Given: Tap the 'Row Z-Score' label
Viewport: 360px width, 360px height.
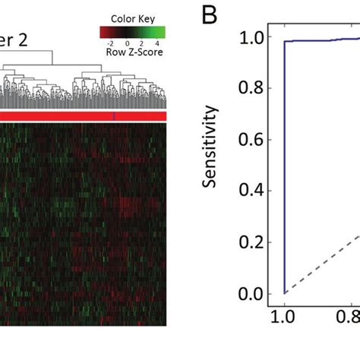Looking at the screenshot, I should (135, 53).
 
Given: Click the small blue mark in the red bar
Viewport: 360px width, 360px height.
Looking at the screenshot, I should (114, 115).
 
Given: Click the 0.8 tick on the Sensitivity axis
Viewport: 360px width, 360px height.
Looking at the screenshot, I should (253, 88).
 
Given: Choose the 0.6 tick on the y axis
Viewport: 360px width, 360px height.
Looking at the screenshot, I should (253, 140).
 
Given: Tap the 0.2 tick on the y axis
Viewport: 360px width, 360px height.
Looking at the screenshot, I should (253, 242).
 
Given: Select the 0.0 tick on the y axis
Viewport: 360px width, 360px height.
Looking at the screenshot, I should (253, 294).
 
